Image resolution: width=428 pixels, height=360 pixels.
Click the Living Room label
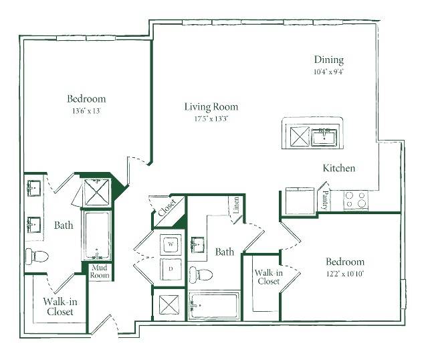pos(211,107)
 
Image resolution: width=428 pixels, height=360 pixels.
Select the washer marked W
pos(171,244)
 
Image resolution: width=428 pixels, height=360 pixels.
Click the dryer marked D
pos(171,269)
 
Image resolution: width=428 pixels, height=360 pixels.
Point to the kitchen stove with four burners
pos(355,200)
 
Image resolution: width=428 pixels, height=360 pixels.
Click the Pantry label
pos(325,200)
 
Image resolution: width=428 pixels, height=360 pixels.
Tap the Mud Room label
pos(100,271)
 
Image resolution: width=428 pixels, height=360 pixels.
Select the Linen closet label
pos(236,205)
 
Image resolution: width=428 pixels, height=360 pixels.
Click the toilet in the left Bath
pos(37,256)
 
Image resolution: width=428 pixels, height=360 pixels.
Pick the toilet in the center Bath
pos(201,274)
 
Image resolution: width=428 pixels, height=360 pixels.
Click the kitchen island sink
pos(324,137)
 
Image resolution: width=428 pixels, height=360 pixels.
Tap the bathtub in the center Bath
pos(214,305)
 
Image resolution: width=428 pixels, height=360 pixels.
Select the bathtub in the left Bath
pos(97,235)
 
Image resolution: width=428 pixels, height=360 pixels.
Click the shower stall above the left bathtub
pos(96,192)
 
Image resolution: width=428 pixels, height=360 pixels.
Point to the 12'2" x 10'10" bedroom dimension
pos(345,274)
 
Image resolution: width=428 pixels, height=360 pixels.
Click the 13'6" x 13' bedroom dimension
pos(86,111)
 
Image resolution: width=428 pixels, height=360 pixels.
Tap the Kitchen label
pos(339,168)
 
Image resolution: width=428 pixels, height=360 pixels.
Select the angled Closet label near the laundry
pos(167,208)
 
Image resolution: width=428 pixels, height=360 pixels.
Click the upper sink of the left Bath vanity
pos(34,188)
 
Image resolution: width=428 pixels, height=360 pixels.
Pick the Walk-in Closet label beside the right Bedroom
pos(269,277)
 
